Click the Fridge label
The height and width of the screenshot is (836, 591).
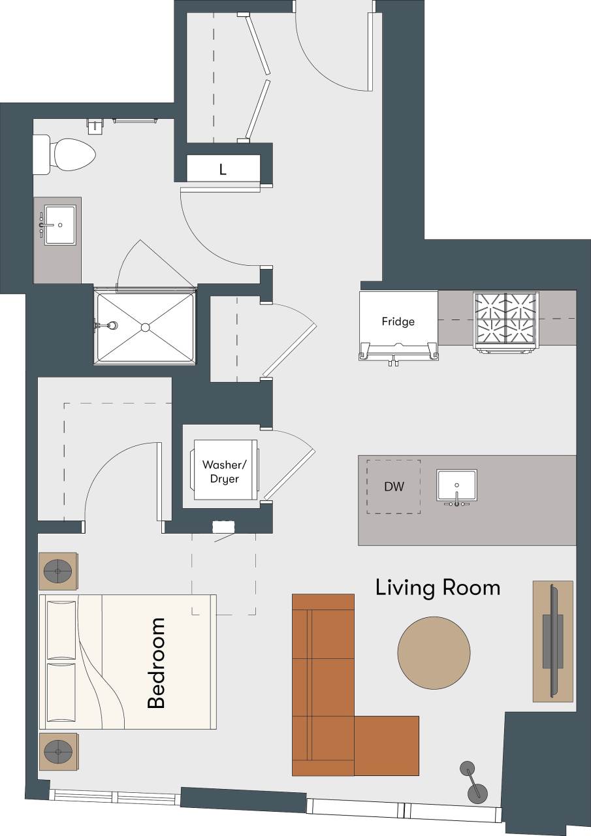pos(398,322)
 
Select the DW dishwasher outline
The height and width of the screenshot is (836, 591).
pos(393,487)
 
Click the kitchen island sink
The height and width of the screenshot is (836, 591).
pos(456,486)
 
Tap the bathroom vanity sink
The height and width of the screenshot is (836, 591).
pos(59,225)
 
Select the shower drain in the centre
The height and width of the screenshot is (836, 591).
pos(145,327)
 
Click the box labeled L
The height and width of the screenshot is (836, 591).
pos(223,170)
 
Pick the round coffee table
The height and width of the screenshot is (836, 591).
pos(434,654)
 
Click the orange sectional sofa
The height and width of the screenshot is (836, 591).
pos(323,686)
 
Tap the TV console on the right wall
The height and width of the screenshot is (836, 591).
pos(552,641)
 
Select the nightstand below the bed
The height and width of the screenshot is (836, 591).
pos(59,752)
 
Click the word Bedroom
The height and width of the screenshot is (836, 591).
pos(156,664)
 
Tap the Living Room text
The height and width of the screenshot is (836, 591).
pos(438,588)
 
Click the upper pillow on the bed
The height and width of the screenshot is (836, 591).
pos(61,629)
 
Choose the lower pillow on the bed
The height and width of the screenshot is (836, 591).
pos(61,694)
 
